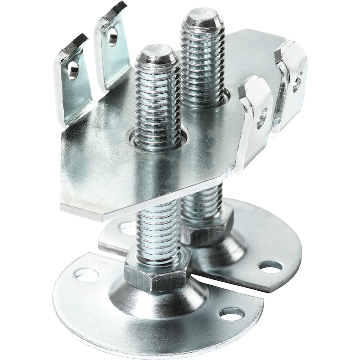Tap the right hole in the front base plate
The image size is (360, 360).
(x=232, y=314)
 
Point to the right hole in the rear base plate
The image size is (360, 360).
(x=271, y=268)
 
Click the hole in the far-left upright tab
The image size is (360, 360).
(x=72, y=70)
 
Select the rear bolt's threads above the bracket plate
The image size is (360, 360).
(x=202, y=58)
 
